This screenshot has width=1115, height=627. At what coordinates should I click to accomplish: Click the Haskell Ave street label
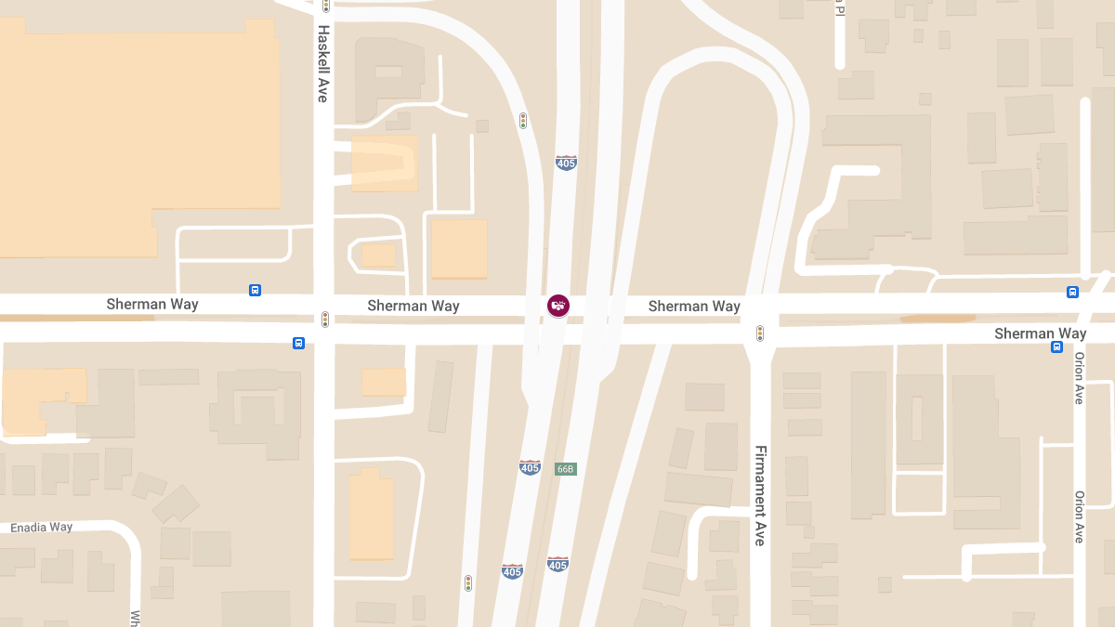(x=323, y=63)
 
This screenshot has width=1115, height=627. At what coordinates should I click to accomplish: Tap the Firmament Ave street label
(x=760, y=494)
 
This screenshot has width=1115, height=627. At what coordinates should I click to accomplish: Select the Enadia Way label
(x=42, y=528)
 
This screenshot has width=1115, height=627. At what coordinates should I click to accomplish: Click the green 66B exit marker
(x=565, y=469)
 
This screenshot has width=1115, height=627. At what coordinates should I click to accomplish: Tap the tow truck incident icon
(x=557, y=306)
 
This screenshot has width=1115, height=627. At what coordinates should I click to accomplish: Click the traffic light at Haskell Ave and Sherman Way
(x=325, y=320)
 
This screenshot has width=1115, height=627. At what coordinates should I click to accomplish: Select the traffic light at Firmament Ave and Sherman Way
(x=760, y=333)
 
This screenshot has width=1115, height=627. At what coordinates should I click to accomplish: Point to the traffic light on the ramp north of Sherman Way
(x=523, y=121)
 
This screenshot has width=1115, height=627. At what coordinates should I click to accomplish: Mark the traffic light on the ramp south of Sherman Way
(x=468, y=583)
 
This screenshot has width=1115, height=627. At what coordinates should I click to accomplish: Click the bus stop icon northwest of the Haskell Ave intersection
(x=255, y=291)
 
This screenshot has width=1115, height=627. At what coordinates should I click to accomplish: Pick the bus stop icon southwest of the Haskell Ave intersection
(x=298, y=343)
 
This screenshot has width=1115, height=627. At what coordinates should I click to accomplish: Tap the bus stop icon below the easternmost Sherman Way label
(x=1056, y=347)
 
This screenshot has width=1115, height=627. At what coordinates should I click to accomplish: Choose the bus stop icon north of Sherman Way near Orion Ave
(x=1072, y=292)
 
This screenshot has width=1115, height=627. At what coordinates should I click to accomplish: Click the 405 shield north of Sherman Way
(x=566, y=163)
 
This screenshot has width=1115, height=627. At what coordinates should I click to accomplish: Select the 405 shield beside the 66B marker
(x=530, y=467)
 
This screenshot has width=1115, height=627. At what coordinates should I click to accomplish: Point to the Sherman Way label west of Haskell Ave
(x=152, y=304)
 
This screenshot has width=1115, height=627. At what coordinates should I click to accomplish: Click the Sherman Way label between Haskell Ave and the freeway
(x=413, y=306)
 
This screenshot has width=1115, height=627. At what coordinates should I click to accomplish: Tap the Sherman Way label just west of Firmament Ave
(x=694, y=306)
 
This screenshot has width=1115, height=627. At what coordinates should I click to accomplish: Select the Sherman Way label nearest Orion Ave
(x=1040, y=333)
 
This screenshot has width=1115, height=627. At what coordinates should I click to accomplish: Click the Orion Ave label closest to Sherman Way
(x=1079, y=378)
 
